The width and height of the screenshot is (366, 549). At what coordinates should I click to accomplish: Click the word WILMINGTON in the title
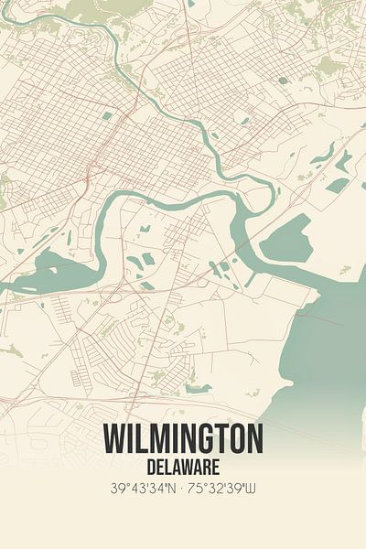(x=183, y=439)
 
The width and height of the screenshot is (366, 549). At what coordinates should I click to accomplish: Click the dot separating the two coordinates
(x=183, y=490)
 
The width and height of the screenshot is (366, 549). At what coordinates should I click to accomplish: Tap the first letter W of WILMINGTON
(x=115, y=439)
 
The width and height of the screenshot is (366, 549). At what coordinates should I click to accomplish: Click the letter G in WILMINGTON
(x=209, y=439)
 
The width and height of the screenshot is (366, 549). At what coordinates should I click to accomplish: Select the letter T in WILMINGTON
(x=225, y=439)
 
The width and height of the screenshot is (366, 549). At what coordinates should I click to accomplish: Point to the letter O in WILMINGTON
(x=240, y=439)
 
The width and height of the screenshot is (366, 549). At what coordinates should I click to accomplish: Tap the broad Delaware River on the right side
(x=334, y=339)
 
